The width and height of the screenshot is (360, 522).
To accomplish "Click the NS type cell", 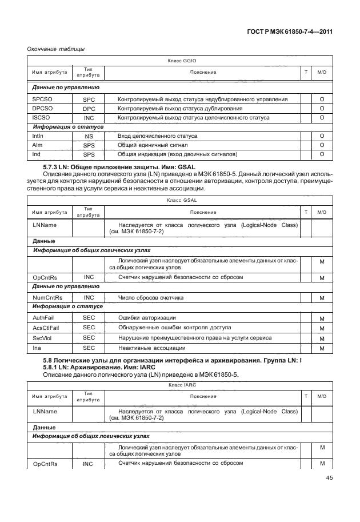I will tap(89, 137).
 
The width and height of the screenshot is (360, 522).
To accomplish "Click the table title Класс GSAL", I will tap(179, 201).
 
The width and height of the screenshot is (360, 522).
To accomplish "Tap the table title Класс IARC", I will tap(179, 385).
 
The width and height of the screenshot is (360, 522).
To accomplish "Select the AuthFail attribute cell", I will tap(43, 317).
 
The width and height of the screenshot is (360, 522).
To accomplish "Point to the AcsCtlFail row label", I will tap(45, 328).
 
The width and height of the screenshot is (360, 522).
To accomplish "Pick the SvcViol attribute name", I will tap(42, 338).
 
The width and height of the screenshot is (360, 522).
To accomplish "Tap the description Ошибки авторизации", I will tap(146, 317).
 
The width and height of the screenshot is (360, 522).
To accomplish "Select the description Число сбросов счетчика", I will tap(151, 298).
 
